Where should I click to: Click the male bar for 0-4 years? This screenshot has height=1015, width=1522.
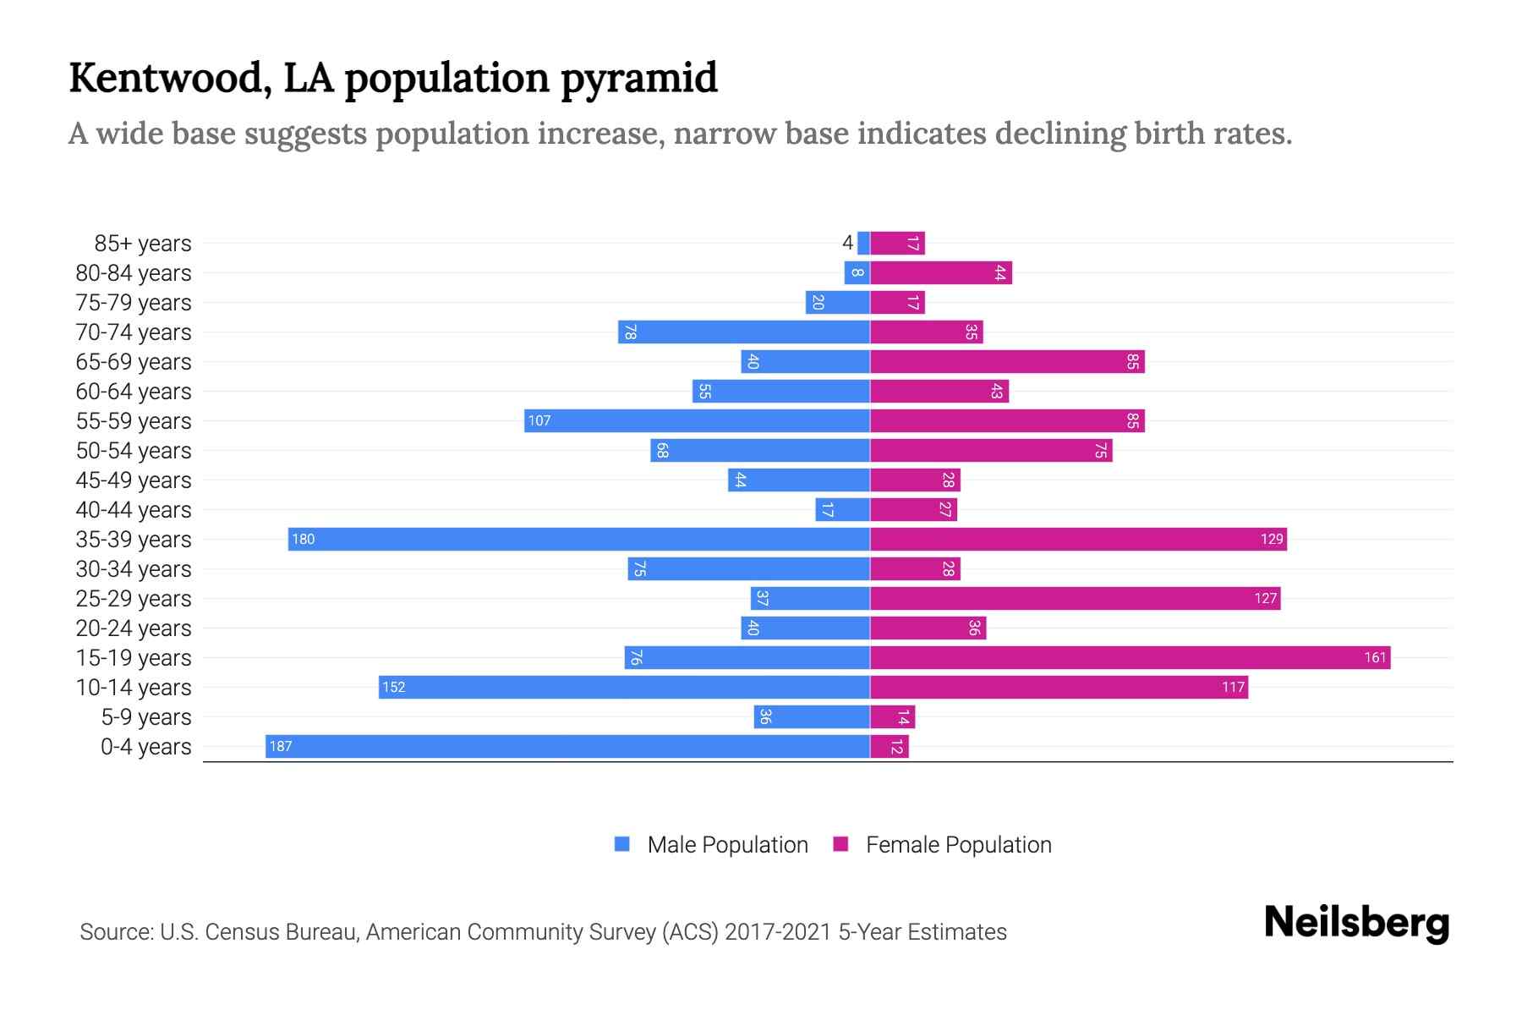567,746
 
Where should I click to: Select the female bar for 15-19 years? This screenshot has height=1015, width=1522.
1130,657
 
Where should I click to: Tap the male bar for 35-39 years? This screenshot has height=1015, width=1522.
578,539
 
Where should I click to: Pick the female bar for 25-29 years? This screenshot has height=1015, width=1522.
1075,598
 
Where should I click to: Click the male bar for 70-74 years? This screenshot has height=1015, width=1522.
743,332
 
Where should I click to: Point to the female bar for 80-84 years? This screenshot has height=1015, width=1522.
940,272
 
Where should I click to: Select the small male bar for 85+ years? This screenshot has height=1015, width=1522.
863,243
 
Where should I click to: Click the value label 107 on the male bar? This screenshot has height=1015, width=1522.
539,420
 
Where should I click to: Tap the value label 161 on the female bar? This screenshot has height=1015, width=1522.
1375,657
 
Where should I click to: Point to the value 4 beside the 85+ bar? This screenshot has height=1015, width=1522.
847,243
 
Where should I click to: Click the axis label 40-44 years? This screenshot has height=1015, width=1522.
134,509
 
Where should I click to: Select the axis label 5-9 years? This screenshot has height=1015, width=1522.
146,716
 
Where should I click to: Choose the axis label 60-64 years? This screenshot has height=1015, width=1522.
134,391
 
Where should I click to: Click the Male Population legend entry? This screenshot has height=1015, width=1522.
727,844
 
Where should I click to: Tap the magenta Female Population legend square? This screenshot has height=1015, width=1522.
840,844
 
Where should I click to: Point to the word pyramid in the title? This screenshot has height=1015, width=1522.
638,78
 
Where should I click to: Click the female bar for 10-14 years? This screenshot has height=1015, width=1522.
1059,687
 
